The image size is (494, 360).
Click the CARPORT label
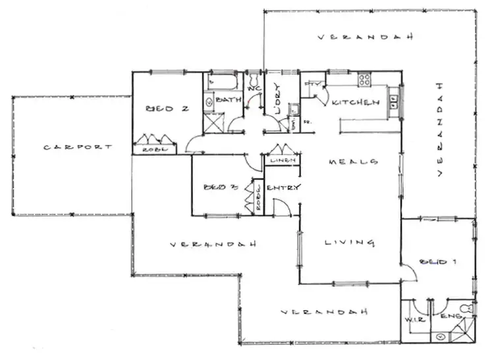78,147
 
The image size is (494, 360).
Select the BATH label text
228,100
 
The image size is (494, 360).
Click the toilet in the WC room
254,77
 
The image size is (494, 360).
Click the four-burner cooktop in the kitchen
364,80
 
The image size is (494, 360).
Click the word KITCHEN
356,103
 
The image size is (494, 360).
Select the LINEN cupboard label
282,161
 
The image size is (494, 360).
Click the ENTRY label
283,188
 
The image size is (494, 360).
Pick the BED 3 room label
220,186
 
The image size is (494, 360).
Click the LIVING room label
349,243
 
